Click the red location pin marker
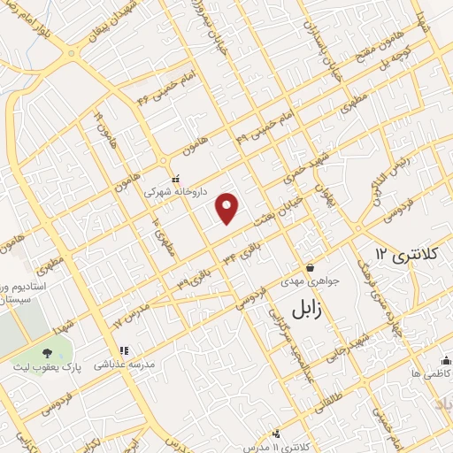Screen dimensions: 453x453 pos(228,208)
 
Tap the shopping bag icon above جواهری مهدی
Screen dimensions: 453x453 pos(310,268)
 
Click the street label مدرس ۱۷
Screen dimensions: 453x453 pos(129,313)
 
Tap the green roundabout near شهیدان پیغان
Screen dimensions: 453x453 pos(72,52)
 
